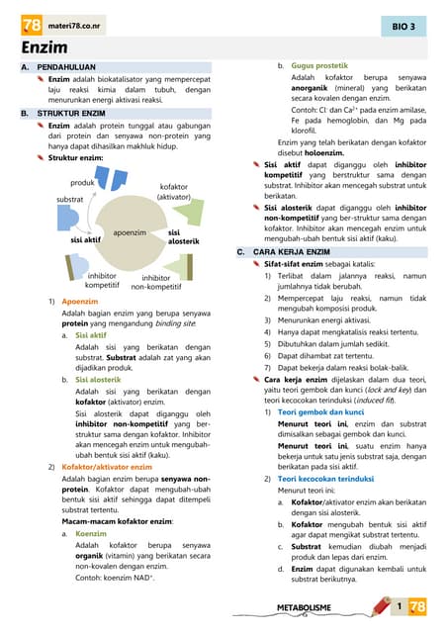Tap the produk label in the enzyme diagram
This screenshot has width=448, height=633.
pyautogui.click(x=82, y=183)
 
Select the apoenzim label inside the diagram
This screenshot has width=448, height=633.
pyautogui.click(x=130, y=232)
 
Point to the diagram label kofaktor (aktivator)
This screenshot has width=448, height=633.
pyautogui.click(x=173, y=192)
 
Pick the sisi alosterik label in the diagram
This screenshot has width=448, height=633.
pyautogui.click(x=184, y=236)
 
